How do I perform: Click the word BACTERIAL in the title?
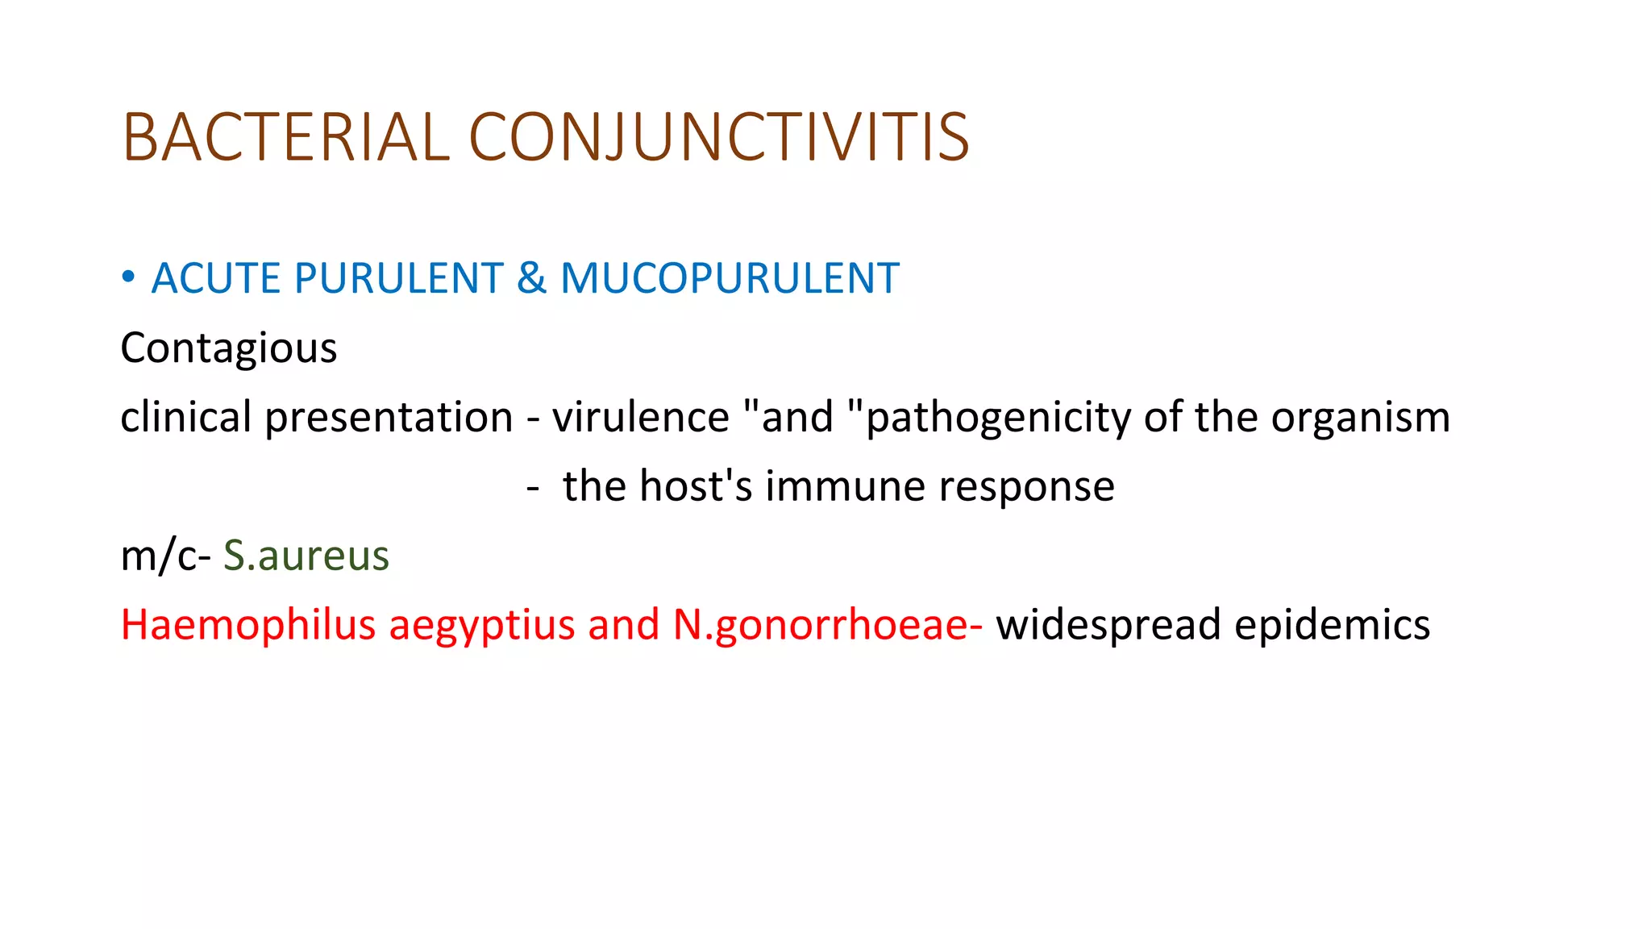[285, 137]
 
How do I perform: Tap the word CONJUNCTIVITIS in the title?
[718, 137]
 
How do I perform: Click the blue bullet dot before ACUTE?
[128, 278]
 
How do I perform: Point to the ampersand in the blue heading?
[531, 279]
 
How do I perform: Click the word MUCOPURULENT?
[730, 279]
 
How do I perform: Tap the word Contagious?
[229, 349]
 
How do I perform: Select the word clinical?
[186, 418]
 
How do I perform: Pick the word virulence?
[641, 418]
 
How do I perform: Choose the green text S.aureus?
[306, 556]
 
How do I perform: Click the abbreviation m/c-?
[165, 556]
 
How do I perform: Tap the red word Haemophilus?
[248, 626]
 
